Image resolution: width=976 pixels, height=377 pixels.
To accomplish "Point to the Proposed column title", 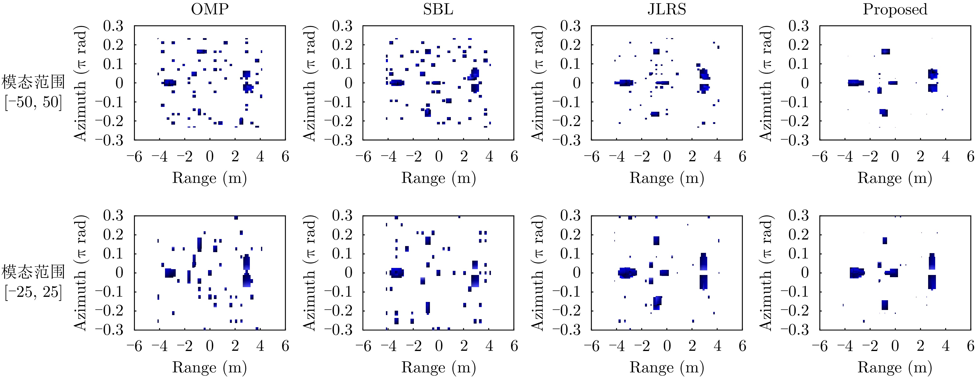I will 895,9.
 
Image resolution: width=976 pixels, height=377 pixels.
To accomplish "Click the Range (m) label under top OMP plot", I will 209,178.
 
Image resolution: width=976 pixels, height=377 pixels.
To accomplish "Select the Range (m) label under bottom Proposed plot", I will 895,368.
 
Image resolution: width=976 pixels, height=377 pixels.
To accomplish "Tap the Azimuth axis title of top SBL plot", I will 310,83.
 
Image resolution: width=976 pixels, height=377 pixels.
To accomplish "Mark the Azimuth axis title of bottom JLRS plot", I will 538,273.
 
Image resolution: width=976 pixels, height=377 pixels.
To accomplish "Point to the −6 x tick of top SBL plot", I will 363,156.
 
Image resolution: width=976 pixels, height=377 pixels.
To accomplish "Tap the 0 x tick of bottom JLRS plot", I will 667,346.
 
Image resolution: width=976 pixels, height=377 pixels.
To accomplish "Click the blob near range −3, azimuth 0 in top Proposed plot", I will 855,83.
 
